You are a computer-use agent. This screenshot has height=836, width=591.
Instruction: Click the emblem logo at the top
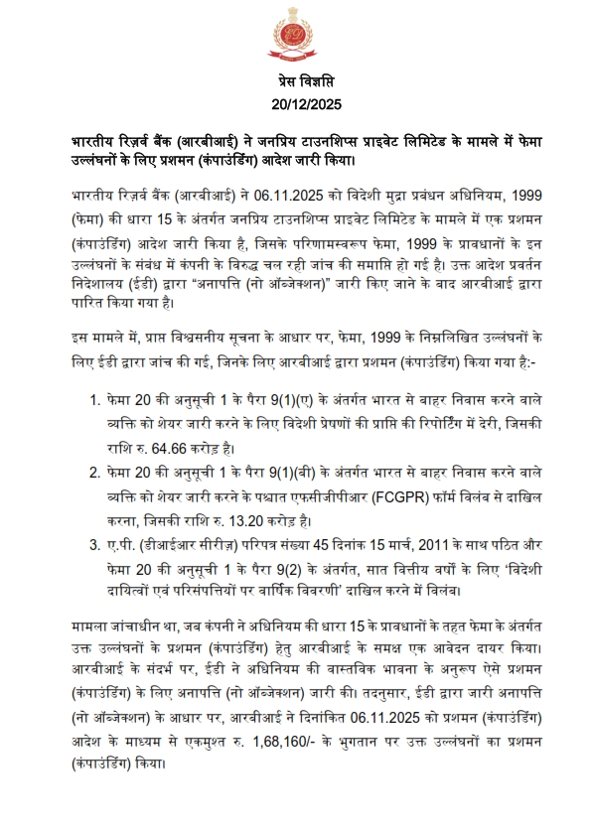tap(295, 38)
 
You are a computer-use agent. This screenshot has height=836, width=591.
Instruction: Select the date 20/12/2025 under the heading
tap(295, 102)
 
